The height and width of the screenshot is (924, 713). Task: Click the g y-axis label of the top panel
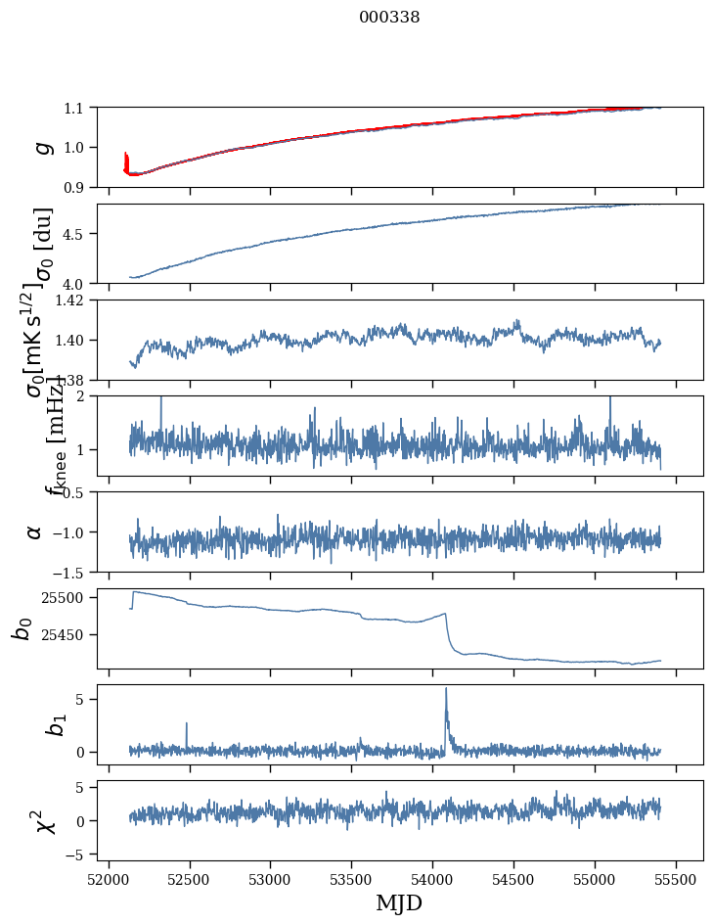(41, 147)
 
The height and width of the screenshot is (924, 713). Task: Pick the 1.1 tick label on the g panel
(75, 108)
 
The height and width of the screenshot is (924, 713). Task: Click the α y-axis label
(35, 531)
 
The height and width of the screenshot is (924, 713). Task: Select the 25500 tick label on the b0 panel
(66, 597)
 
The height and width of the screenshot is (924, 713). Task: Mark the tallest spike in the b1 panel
(446, 689)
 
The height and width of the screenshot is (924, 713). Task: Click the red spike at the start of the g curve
(126, 160)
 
